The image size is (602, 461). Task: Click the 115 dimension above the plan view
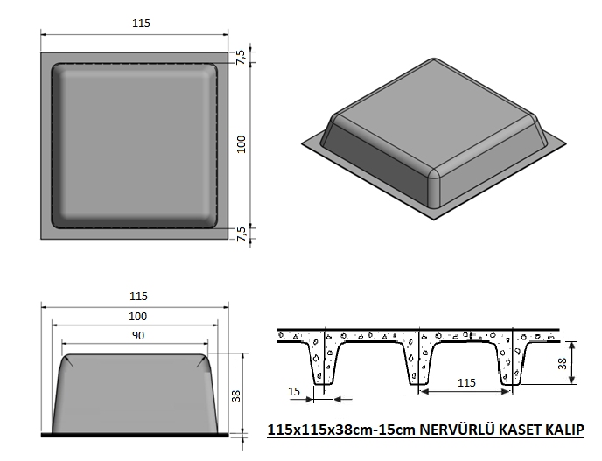tap(141, 24)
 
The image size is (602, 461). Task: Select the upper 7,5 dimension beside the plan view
tap(241, 57)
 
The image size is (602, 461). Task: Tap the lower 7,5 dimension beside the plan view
tap(241, 234)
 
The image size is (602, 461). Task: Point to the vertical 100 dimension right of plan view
tap(241, 144)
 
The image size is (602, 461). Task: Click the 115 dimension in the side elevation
tap(138, 297)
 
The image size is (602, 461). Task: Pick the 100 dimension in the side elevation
tap(138, 317)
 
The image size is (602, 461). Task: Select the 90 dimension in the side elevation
tap(138, 336)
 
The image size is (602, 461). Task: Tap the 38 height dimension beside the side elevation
tap(236, 395)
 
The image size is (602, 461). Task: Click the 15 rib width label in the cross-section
tap(294, 392)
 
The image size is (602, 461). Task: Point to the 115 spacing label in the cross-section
tap(466, 382)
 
